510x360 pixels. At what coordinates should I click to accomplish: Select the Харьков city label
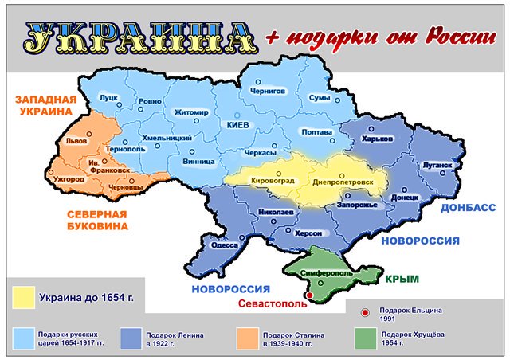[x=378, y=139]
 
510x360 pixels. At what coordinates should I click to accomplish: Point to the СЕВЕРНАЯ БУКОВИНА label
[x=95, y=221]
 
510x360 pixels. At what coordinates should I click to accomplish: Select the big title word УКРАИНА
[x=136, y=37]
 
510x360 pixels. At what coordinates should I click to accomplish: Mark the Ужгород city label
[x=69, y=179]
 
